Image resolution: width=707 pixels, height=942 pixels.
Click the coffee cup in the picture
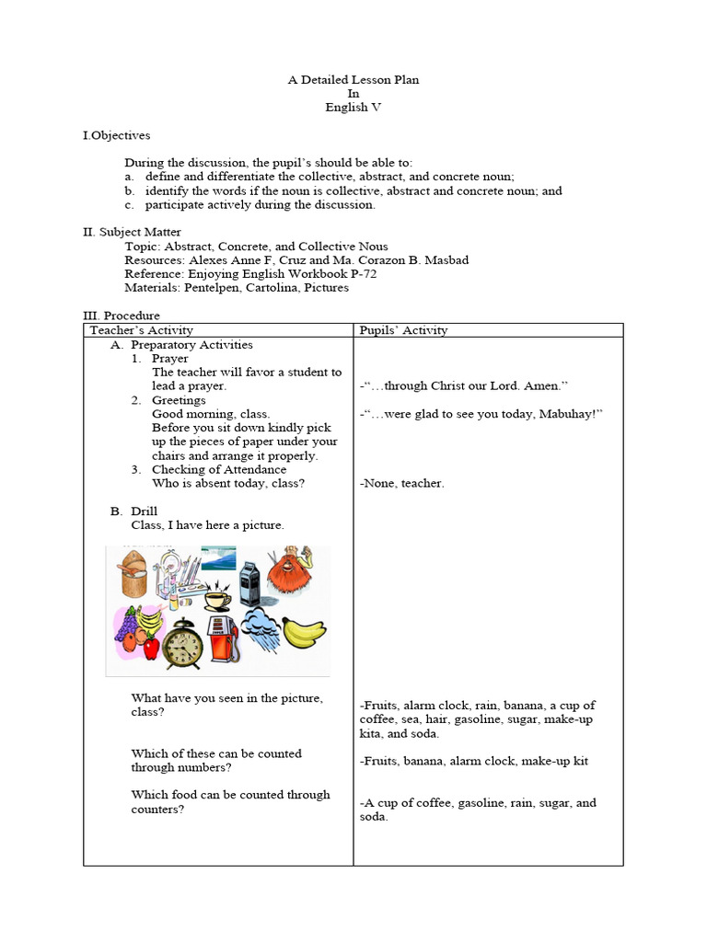216,600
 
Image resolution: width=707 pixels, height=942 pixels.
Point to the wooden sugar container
133,572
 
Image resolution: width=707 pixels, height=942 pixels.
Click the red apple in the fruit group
151,649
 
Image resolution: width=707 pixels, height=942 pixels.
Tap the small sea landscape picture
218,558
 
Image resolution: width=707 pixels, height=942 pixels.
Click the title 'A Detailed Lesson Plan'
353,80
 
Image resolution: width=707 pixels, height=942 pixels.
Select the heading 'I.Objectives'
116,135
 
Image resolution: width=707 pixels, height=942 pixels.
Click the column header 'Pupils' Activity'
403,330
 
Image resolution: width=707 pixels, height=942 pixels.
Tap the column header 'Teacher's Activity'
141,330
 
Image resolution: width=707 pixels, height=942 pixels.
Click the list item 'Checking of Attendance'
219,469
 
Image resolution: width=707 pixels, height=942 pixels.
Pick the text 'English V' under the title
353,108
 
